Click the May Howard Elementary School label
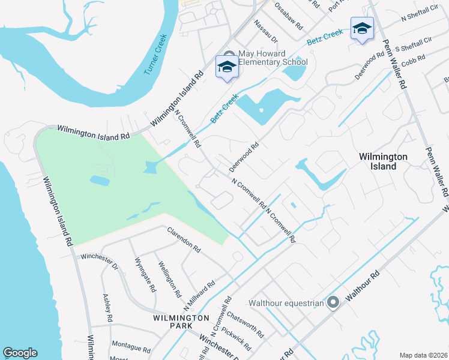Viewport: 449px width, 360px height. click(x=273, y=58)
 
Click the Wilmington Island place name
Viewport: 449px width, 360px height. click(x=383, y=161)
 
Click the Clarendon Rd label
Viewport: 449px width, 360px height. click(x=184, y=238)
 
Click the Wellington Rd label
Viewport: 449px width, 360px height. click(x=169, y=279)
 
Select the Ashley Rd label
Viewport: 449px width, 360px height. click(x=107, y=306)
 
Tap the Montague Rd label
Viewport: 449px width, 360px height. click(x=130, y=347)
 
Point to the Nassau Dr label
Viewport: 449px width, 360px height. click(x=265, y=31)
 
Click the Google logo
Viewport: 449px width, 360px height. click(x=20, y=353)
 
